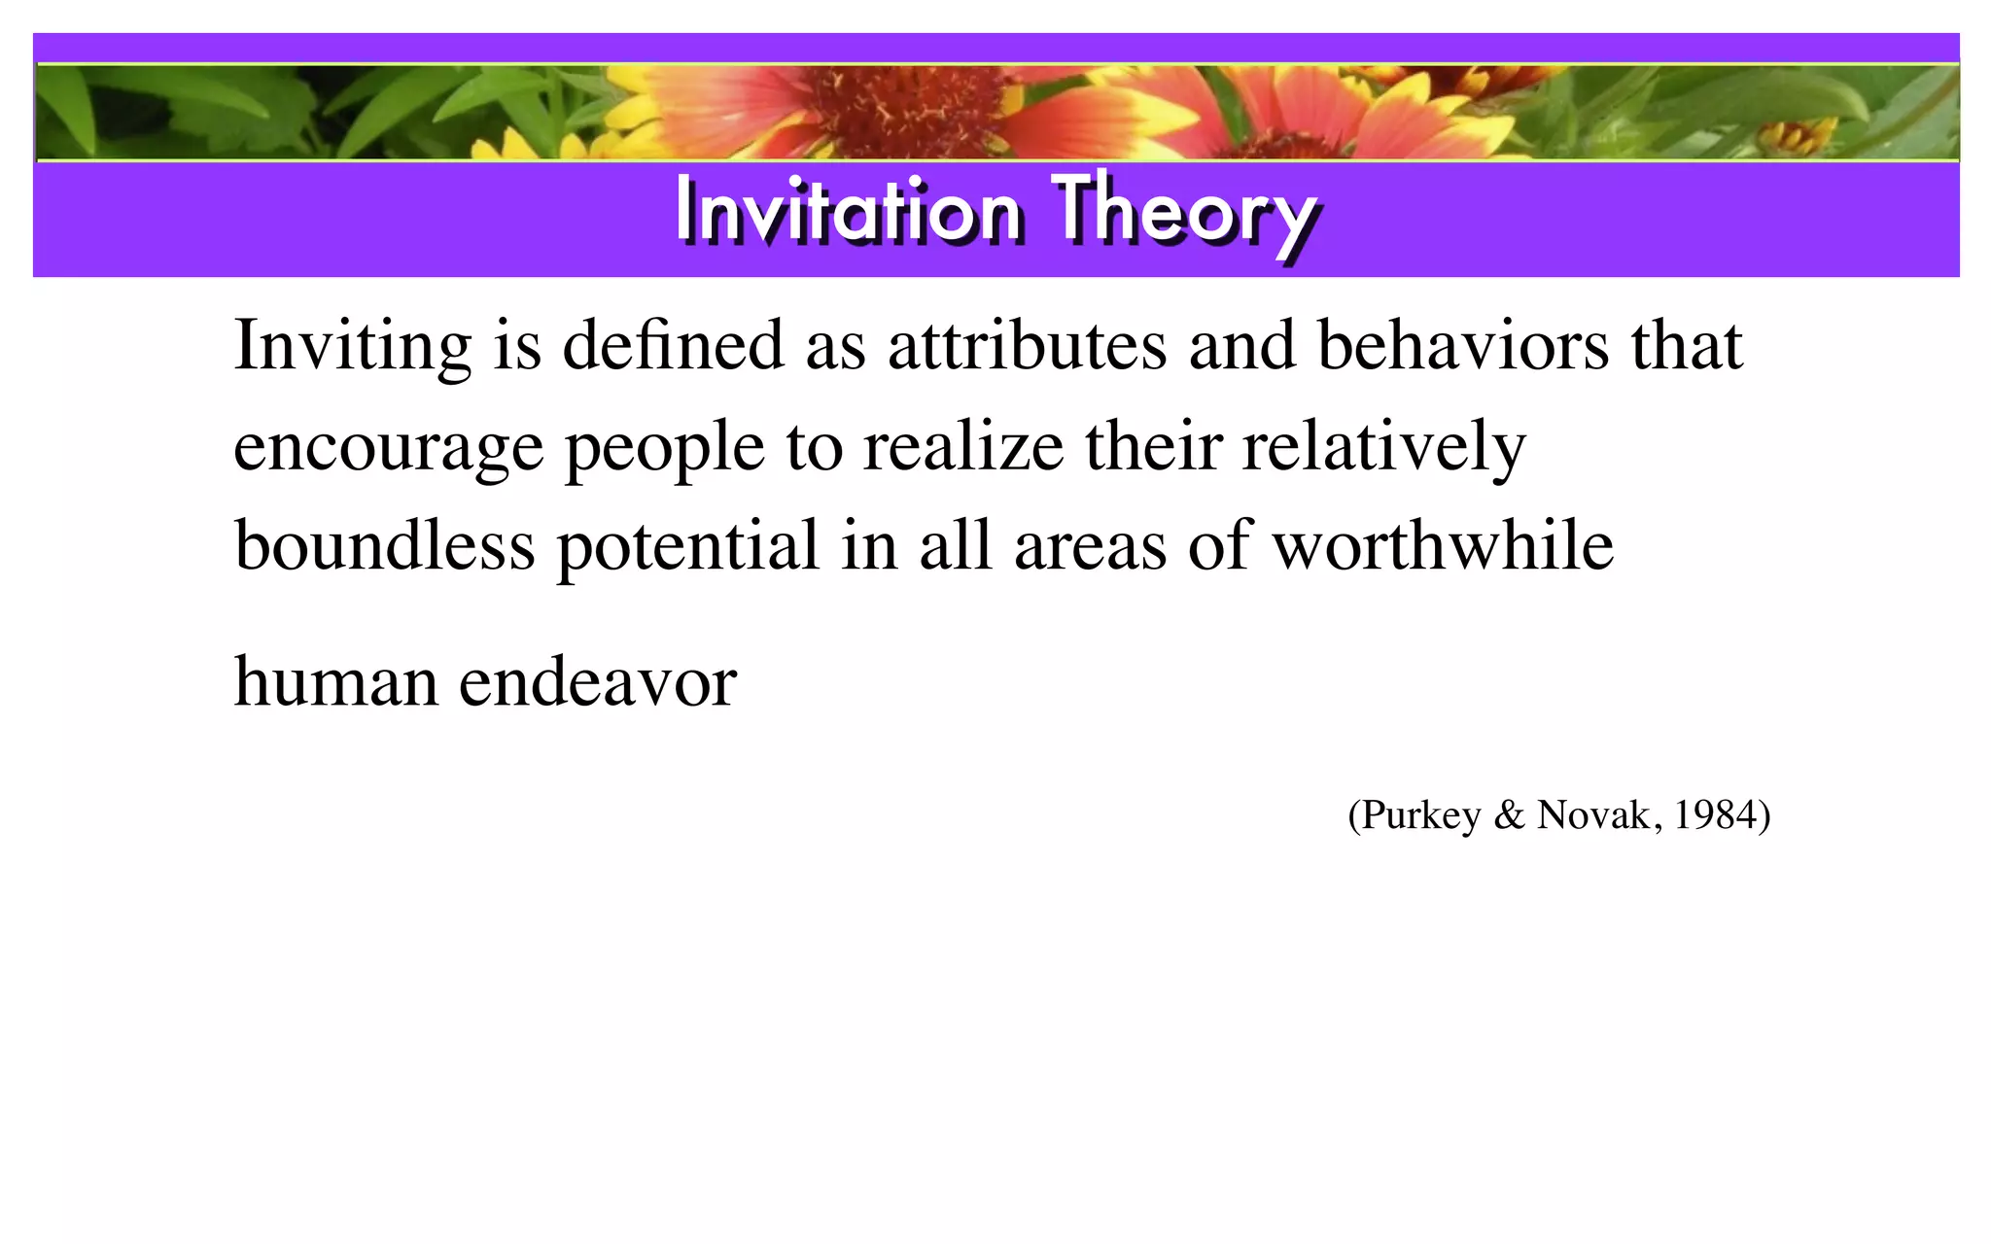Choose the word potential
(687, 546)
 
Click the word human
(335, 682)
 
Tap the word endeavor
(597, 682)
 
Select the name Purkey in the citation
(1420, 815)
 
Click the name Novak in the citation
(1592, 814)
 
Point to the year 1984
(1716, 814)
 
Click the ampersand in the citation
(1509, 814)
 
